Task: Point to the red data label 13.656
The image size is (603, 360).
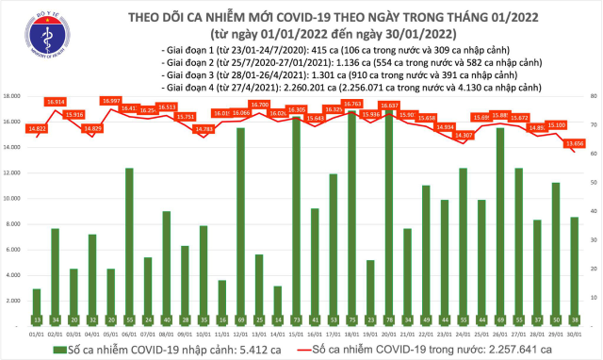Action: (x=573, y=143)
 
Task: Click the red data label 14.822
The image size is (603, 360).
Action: (x=37, y=128)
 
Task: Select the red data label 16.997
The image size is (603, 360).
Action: (x=113, y=100)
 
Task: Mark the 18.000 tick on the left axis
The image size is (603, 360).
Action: (x=13, y=96)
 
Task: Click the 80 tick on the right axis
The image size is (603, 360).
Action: (x=589, y=96)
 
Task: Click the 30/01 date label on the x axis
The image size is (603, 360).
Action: (x=573, y=332)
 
